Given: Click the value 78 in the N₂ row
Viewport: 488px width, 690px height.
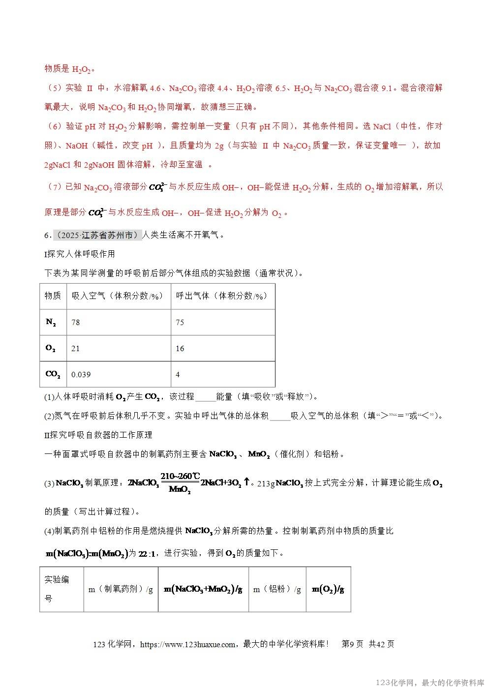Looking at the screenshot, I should click(x=76, y=323).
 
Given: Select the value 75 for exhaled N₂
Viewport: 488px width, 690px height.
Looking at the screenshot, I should click(x=180, y=323).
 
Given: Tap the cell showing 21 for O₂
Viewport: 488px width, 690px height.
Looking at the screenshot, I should click(x=76, y=349).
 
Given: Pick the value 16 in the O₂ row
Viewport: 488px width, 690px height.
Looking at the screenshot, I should click(x=180, y=349).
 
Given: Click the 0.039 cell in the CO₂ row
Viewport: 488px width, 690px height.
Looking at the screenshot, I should click(x=81, y=375).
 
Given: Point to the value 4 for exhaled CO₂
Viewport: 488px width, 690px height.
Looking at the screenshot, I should click(x=178, y=375).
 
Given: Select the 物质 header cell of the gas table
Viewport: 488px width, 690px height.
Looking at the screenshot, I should click(x=53, y=296).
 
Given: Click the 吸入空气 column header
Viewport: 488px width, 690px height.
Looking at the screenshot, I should click(x=117, y=296).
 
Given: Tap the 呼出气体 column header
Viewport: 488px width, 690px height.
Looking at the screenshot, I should click(x=221, y=296).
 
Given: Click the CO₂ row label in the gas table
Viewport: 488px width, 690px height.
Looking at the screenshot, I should click(x=53, y=374).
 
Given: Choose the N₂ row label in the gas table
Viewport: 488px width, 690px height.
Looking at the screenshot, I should click(x=51, y=323).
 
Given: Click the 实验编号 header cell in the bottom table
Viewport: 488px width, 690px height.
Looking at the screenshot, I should click(x=57, y=589).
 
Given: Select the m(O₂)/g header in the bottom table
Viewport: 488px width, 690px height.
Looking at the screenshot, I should click(x=328, y=590).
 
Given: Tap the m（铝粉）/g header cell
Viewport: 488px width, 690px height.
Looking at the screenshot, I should click(x=277, y=590).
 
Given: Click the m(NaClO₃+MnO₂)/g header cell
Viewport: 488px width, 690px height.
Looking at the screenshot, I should click(x=203, y=590).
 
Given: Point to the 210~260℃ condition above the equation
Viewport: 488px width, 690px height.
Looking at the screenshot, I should click(x=180, y=476).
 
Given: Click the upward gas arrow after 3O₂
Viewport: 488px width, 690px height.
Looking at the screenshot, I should click(x=247, y=482).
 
